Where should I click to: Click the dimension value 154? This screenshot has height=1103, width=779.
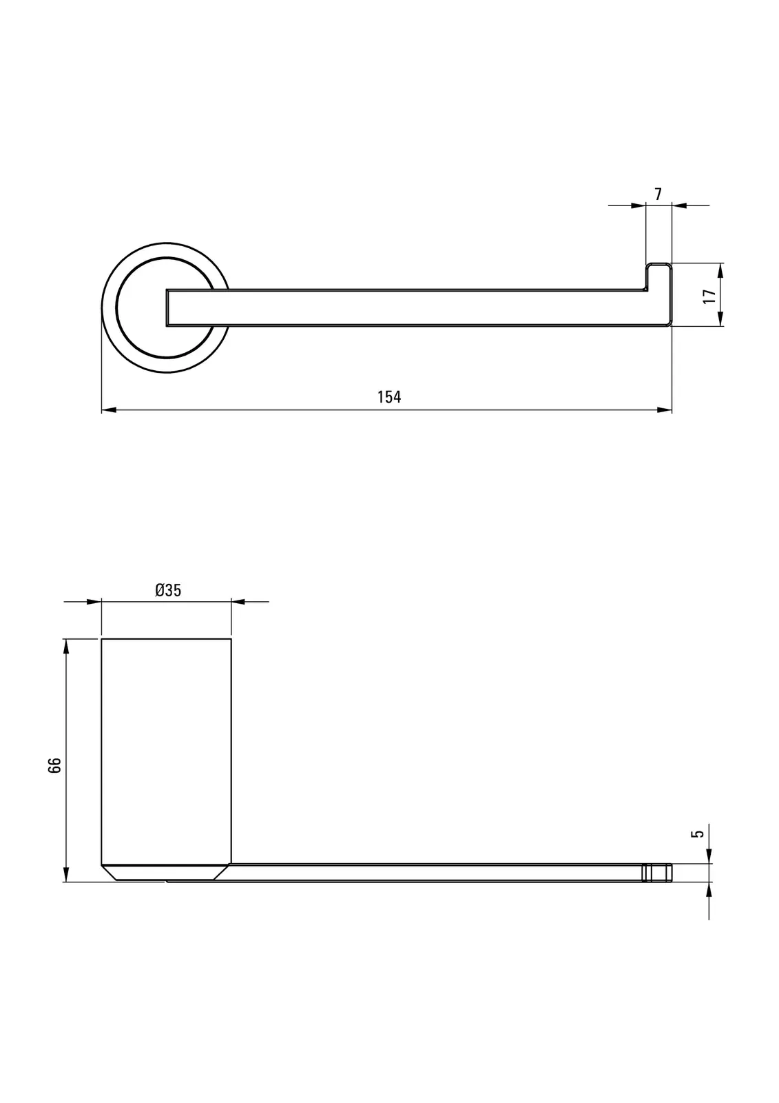point(388,397)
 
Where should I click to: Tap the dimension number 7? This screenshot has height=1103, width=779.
point(658,194)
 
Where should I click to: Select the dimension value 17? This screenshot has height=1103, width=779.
point(709,296)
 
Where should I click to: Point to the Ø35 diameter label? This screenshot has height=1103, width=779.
point(168,590)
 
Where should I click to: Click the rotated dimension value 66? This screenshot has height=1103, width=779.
point(54,765)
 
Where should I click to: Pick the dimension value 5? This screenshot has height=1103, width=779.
point(698,833)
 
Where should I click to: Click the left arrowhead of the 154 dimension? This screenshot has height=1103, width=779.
point(109,409)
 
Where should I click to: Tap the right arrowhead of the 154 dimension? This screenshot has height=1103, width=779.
point(665,409)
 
